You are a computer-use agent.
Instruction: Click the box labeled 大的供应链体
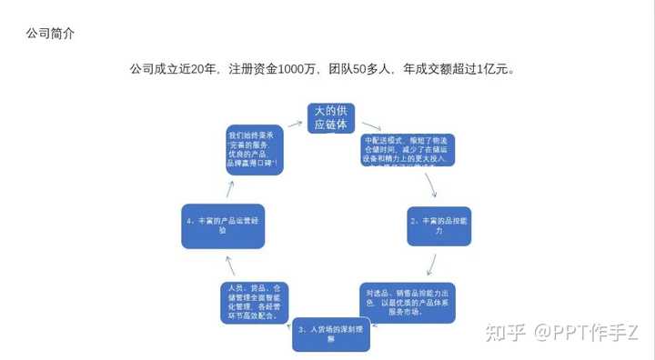point(330,118)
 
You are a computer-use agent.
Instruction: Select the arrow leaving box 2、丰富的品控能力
point(433,265)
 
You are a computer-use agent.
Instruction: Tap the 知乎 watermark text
point(506,332)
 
